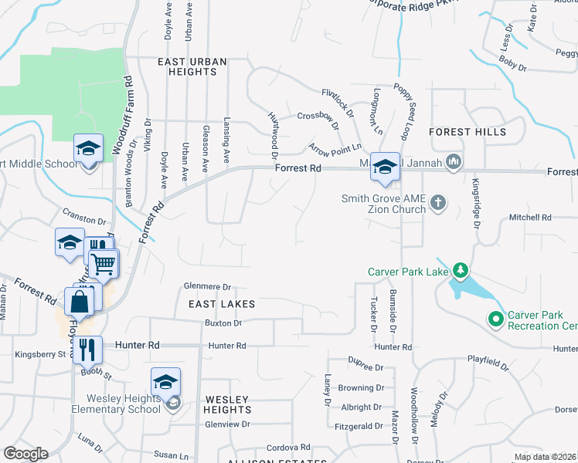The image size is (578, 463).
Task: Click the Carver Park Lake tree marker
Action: coord(461,271)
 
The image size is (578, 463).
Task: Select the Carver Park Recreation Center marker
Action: coord(496,319)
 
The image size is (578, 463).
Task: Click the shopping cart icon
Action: coord(103,265)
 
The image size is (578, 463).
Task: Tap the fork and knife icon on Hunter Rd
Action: coord(87,350)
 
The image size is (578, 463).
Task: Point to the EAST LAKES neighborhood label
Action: coord(222,304)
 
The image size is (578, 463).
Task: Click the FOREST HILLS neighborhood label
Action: coord(467,132)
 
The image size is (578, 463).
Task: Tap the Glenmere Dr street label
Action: coord(207,286)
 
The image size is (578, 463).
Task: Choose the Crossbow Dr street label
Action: coord(318,117)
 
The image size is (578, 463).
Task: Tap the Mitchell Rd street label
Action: coord(529,218)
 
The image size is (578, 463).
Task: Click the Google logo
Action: coord(26,454)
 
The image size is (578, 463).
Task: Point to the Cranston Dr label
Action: coord(83,221)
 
